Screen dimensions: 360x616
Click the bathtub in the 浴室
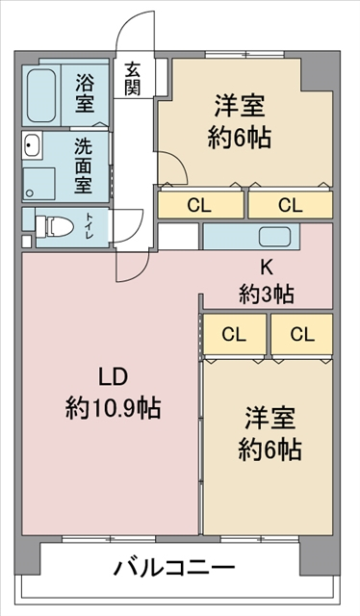(x=40, y=95)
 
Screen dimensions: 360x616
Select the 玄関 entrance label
(x=133, y=79)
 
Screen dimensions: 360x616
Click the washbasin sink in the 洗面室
(x=32, y=145)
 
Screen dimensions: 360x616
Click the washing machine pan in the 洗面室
(x=39, y=184)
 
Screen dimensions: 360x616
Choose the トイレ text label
(x=90, y=227)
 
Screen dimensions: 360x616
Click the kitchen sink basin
(x=274, y=237)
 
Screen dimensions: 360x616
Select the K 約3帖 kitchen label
(x=267, y=282)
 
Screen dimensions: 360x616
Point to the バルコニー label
(x=174, y=567)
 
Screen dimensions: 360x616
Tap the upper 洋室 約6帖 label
(x=240, y=122)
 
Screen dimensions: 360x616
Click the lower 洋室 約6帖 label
(x=270, y=434)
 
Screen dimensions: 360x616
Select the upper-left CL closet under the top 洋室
(x=201, y=203)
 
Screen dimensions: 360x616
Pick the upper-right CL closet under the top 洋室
(x=291, y=203)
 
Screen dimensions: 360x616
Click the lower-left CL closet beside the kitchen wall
(x=234, y=335)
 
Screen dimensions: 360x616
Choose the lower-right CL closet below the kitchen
(x=302, y=335)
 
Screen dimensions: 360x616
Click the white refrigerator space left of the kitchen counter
(x=178, y=236)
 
